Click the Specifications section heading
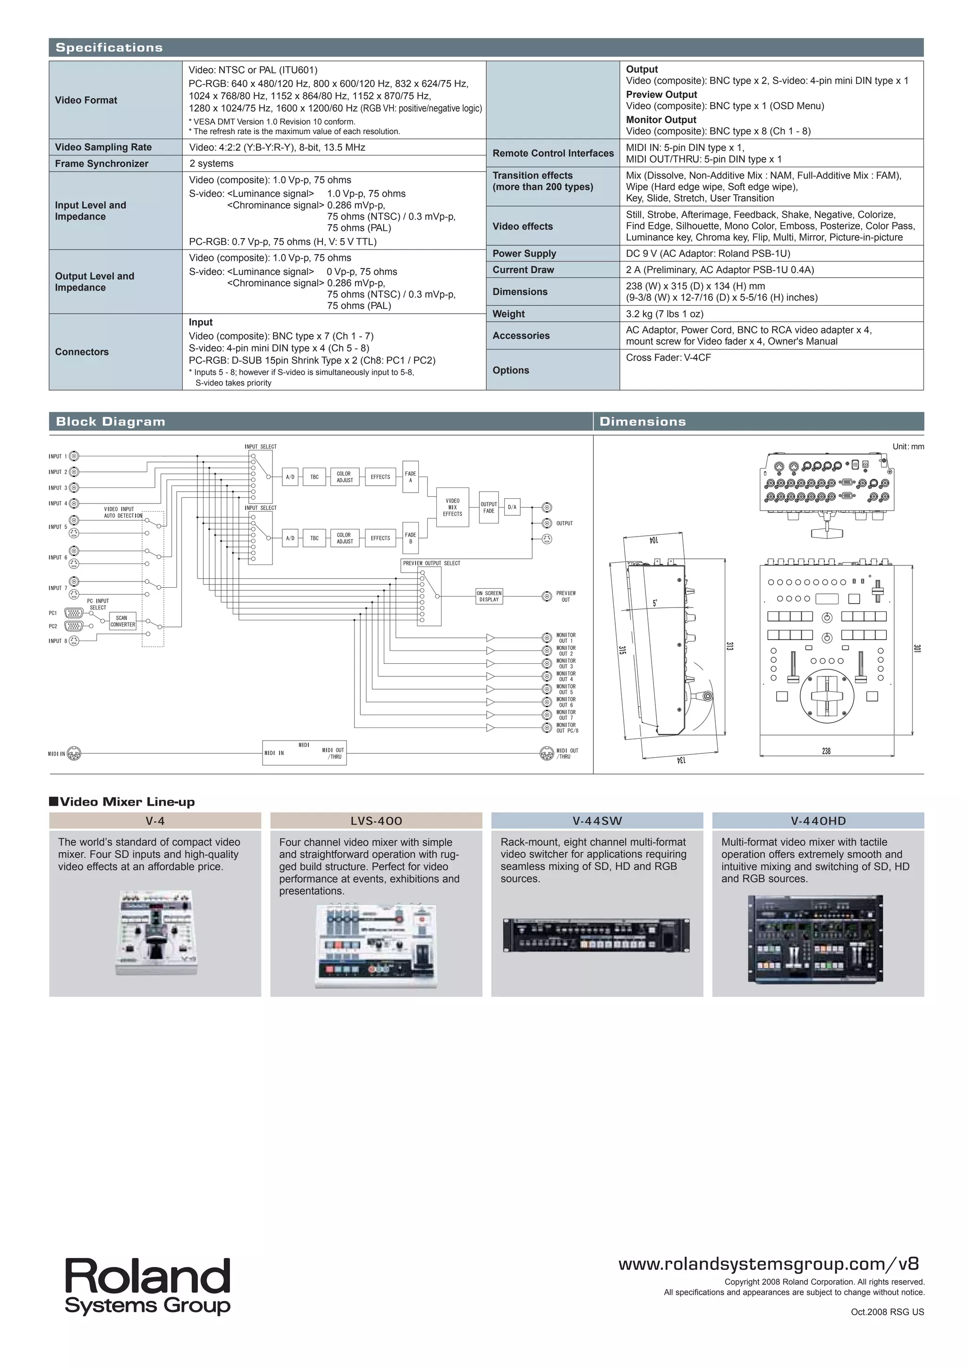click(x=109, y=48)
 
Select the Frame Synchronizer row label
click(x=102, y=163)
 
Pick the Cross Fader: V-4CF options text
click(x=668, y=358)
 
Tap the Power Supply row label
click(x=524, y=253)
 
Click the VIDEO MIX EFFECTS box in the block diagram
click(x=452, y=507)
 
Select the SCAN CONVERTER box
click(x=123, y=621)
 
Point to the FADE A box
click(x=410, y=477)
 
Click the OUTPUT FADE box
click(x=488, y=507)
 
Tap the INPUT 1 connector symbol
click(x=74, y=456)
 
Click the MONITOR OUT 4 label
click(x=566, y=676)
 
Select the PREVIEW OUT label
click(x=566, y=597)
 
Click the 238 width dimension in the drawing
click(x=826, y=752)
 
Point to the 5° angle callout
click(x=655, y=603)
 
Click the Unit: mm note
click(x=908, y=446)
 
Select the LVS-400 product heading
click(x=376, y=821)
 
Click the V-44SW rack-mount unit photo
click(x=597, y=935)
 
